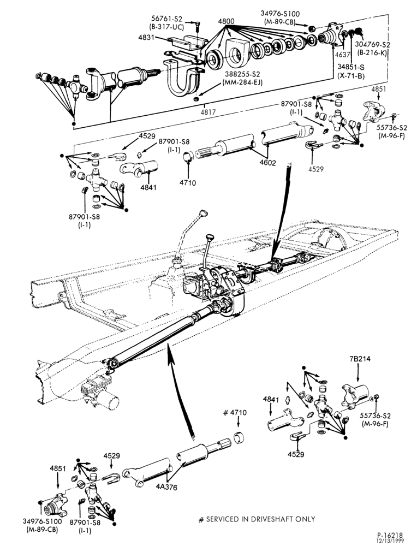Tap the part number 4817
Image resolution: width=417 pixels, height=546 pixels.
(208, 112)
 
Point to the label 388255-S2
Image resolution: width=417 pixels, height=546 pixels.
(242, 74)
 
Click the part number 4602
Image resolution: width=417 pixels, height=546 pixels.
(267, 162)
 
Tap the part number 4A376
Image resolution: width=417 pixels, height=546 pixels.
(166, 488)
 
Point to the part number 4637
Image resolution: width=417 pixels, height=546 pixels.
(343, 55)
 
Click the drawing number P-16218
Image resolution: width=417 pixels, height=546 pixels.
(390, 535)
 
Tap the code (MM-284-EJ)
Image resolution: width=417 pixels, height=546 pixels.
(242, 82)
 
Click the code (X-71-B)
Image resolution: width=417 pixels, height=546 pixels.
(351, 75)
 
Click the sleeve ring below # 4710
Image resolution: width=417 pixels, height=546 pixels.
(239, 437)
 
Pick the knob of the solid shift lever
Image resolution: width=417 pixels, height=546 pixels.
(209, 237)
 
